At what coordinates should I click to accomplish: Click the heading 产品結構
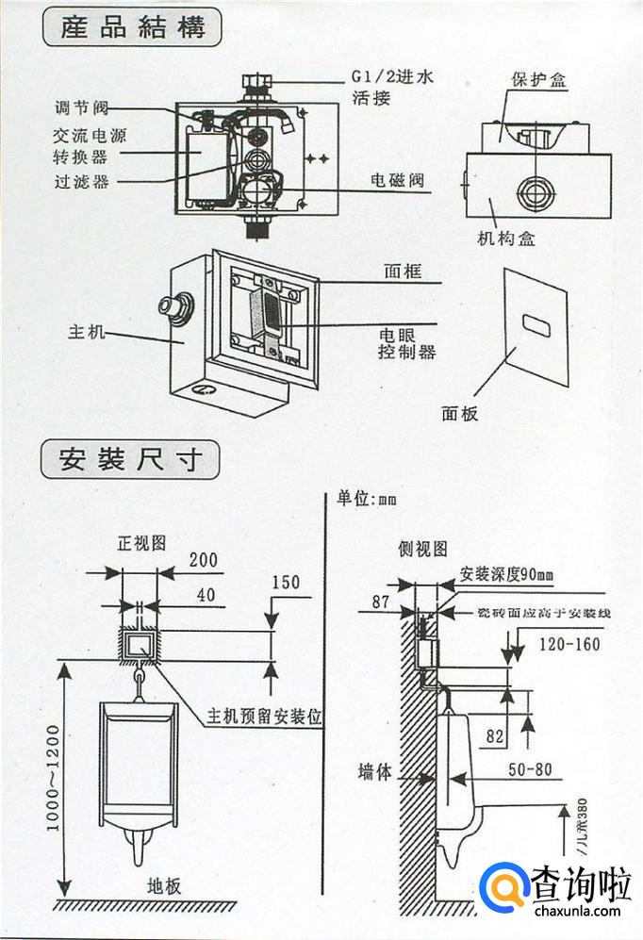(133, 27)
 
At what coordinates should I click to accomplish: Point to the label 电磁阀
(391, 179)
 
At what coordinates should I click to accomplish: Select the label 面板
(460, 412)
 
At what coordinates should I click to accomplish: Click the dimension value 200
(203, 560)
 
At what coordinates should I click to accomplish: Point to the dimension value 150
(285, 582)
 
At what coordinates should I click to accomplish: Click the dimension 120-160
(569, 645)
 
